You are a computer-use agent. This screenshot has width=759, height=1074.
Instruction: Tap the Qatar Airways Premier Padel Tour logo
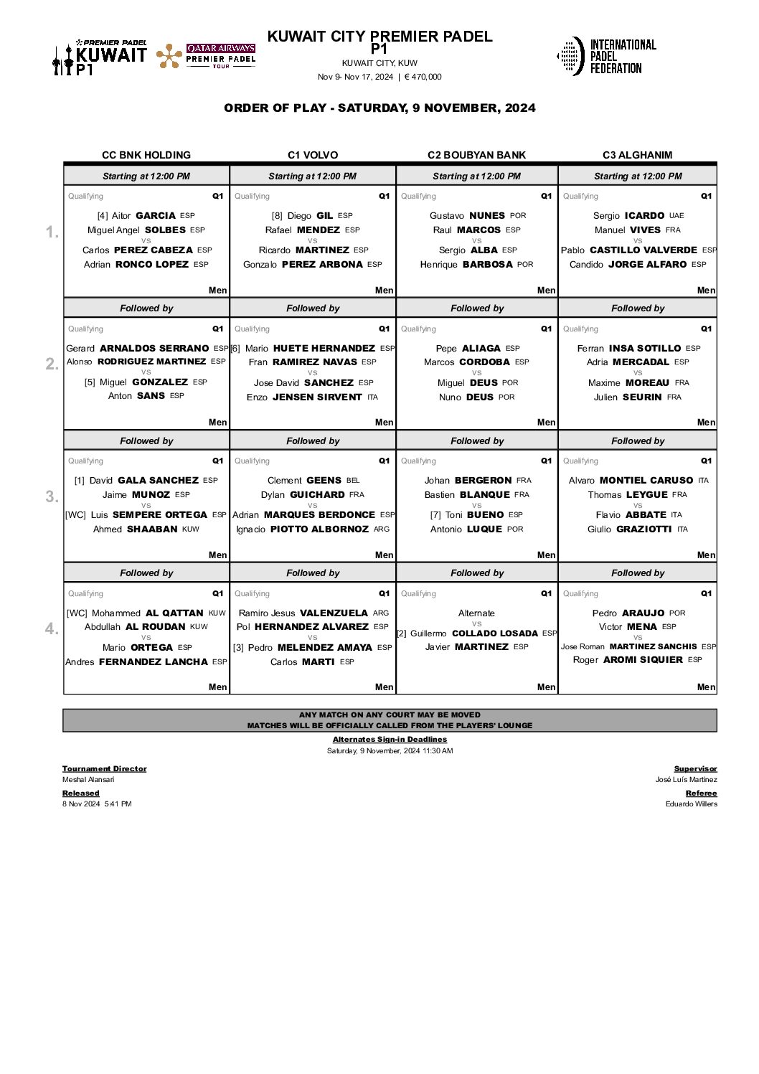[206, 56]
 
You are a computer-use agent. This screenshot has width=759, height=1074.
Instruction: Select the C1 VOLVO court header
[313, 155]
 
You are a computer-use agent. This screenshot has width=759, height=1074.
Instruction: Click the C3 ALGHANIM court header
[637, 155]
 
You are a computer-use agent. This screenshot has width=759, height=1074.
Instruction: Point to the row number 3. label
[52, 496]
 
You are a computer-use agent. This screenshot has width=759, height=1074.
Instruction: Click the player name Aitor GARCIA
[143, 215]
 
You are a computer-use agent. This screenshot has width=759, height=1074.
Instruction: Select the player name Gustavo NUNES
[468, 215]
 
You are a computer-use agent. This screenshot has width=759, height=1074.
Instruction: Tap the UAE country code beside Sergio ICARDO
[676, 215]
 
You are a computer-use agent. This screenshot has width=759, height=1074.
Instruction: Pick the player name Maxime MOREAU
[628, 382]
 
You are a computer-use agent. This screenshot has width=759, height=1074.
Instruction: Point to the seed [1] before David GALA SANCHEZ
[80, 481]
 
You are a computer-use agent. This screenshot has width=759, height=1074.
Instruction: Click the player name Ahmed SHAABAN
[136, 529]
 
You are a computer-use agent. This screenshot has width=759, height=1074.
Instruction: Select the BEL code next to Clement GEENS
[353, 481]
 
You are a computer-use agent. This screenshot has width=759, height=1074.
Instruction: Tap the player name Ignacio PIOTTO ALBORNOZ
[302, 529]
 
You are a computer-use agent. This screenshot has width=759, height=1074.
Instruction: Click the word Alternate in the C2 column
[476, 613]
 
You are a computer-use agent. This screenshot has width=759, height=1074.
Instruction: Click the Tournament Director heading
[104, 768]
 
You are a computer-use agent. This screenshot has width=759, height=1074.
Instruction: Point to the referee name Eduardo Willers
[691, 804]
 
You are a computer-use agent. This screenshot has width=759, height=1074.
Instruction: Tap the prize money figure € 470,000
[423, 77]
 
